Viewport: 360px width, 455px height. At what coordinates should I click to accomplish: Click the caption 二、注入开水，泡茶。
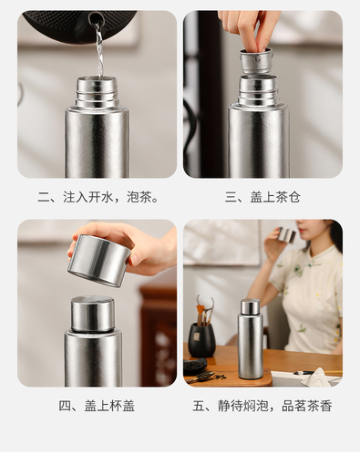point(98,197)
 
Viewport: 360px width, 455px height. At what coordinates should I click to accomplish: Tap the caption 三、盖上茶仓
point(262,197)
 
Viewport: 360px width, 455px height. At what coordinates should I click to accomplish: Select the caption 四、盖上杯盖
point(97,406)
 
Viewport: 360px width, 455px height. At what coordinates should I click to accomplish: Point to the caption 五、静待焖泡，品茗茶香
point(262,406)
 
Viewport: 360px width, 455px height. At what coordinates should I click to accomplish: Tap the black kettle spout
point(97,19)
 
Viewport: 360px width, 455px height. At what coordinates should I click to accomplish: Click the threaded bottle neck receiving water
point(97,92)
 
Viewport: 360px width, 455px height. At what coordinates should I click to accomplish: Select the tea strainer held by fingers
point(255,61)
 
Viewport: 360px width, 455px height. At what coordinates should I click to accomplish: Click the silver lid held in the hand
point(98,261)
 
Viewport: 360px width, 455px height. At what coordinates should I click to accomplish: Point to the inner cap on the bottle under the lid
point(93,315)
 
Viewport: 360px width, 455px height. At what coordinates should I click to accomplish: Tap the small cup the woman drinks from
point(287,234)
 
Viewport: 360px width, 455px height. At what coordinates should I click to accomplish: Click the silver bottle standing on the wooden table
point(251,338)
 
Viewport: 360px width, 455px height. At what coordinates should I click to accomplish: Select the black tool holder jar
point(201,339)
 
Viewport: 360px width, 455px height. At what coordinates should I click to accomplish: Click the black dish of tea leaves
point(195,365)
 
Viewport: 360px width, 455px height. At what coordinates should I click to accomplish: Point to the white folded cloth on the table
point(317,377)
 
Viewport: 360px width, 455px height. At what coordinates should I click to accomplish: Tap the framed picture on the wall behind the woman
point(221,243)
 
